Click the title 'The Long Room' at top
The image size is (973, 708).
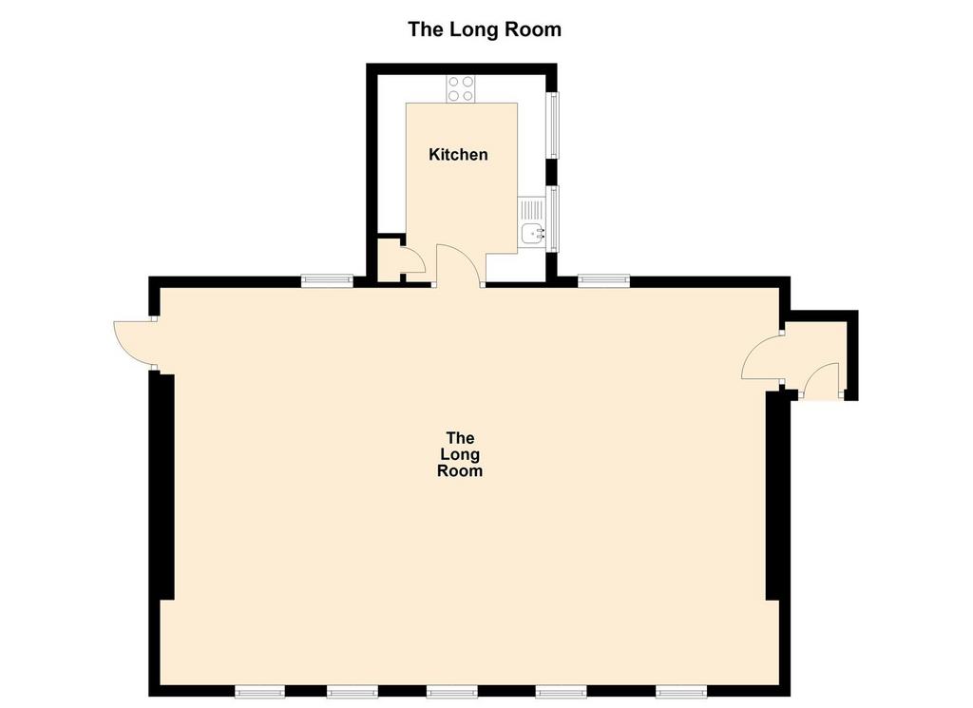(485, 29)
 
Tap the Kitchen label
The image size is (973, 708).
(458, 154)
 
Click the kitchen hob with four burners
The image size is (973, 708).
(461, 89)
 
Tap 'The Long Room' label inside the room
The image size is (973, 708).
(460, 454)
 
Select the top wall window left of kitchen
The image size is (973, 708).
(328, 280)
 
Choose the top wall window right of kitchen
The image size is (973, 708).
(603, 280)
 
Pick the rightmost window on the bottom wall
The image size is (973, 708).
(681, 692)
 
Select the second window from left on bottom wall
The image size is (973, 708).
(353, 692)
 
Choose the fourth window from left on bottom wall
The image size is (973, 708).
(561, 692)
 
